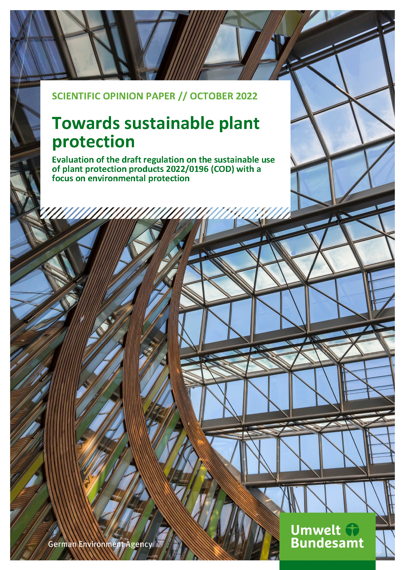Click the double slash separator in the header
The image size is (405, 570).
182,96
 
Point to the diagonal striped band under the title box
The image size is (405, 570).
165,213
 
